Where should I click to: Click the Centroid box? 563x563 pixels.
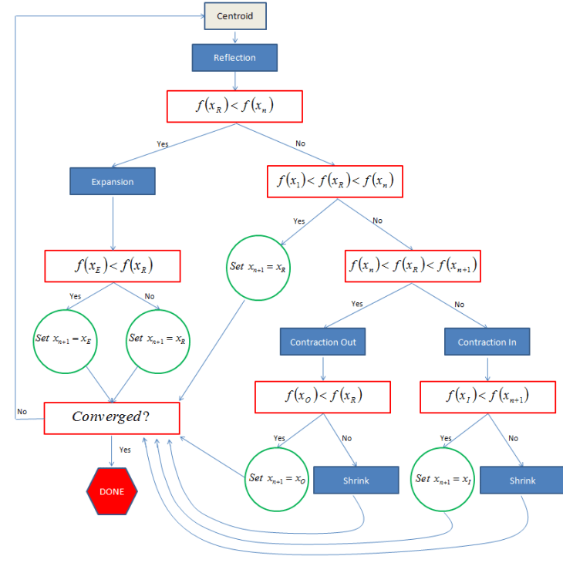pos(234,16)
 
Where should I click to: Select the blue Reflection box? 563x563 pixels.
pos(234,58)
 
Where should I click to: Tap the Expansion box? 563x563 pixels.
pos(113,182)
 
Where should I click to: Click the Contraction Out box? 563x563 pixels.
pos(323,342)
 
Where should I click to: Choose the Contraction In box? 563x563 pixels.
pos(487,342)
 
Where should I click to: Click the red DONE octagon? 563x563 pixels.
pos(112,491)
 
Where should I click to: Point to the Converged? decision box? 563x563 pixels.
pos(112,417)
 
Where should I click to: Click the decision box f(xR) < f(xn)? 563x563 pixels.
pos(234,106)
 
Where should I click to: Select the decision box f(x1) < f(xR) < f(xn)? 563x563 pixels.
pos(335,182)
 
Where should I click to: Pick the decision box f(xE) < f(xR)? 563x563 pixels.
pos(113,266)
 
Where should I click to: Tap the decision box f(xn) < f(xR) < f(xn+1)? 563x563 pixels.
pos(413,266)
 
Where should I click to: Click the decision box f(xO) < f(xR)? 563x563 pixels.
pos(323,396)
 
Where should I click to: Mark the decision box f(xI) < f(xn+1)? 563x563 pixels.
pos(487,396)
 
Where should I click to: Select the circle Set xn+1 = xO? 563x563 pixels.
pos(277,478)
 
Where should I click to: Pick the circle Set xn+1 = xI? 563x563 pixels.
pos(443,479)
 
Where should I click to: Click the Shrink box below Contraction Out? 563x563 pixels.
pos(356,480)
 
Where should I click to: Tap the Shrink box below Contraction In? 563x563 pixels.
pos(522,480)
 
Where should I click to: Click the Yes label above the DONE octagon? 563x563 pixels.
pos(125,450)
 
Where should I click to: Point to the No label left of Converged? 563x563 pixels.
pos(22,412)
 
